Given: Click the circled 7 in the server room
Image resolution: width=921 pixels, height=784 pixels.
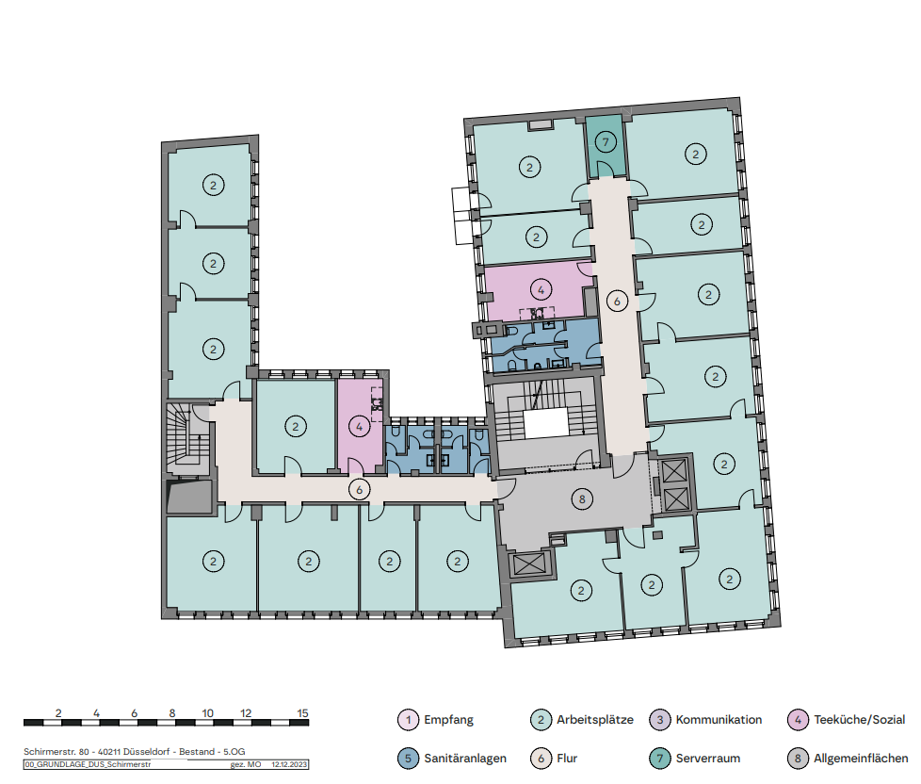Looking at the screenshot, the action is [606, 141].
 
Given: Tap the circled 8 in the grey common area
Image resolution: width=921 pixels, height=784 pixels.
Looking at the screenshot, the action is [582, 499].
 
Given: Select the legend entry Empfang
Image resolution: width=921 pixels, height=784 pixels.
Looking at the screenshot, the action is [448, 719].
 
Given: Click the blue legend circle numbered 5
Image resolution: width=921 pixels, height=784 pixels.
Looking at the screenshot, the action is [408, 759].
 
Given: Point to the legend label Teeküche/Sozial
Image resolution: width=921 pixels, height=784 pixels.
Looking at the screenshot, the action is [860, 719].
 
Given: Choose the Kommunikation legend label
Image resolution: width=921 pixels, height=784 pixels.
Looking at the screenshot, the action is [719, 719].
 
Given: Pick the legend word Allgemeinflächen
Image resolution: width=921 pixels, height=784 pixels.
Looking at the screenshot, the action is [861, 759].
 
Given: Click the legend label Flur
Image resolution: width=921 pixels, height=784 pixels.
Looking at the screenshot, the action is [567, 759].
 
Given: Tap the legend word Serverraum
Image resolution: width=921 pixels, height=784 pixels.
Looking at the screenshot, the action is [708, 759].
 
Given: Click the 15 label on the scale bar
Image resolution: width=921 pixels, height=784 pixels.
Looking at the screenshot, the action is [302, 713].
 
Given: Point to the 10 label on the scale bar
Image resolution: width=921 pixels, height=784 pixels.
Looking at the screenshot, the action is [207, 713].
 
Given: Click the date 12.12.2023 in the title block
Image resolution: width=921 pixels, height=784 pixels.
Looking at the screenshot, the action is [289, 764].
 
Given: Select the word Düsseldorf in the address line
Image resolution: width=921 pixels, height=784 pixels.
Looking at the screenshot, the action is [146, 752].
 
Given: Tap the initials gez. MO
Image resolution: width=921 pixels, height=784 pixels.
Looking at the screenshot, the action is [246, 764].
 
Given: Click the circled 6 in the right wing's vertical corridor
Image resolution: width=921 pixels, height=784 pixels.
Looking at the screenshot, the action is [617, 302].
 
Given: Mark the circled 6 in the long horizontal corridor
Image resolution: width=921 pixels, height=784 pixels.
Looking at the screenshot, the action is [360, 489].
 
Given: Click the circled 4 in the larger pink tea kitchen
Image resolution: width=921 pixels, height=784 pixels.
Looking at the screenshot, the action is [541, 289].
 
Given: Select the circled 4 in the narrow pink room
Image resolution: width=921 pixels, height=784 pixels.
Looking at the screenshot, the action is [360, 427].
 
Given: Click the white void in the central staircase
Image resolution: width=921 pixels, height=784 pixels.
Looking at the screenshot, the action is [546, 423].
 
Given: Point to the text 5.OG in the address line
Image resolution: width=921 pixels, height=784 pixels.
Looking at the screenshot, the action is [234, 752].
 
